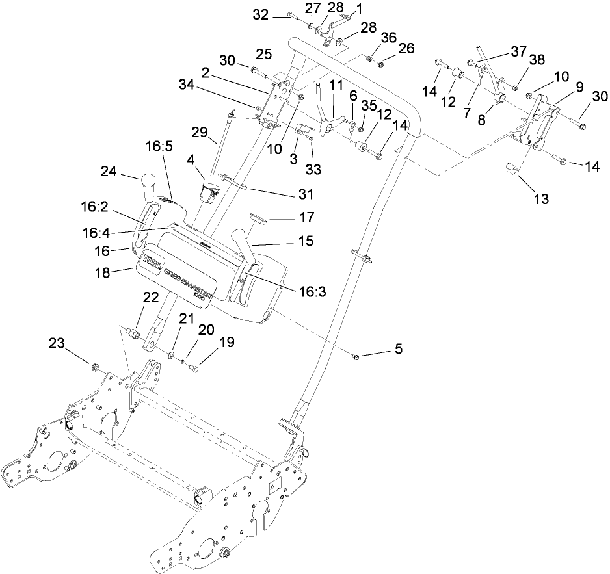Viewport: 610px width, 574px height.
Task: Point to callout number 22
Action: pos(151,297)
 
